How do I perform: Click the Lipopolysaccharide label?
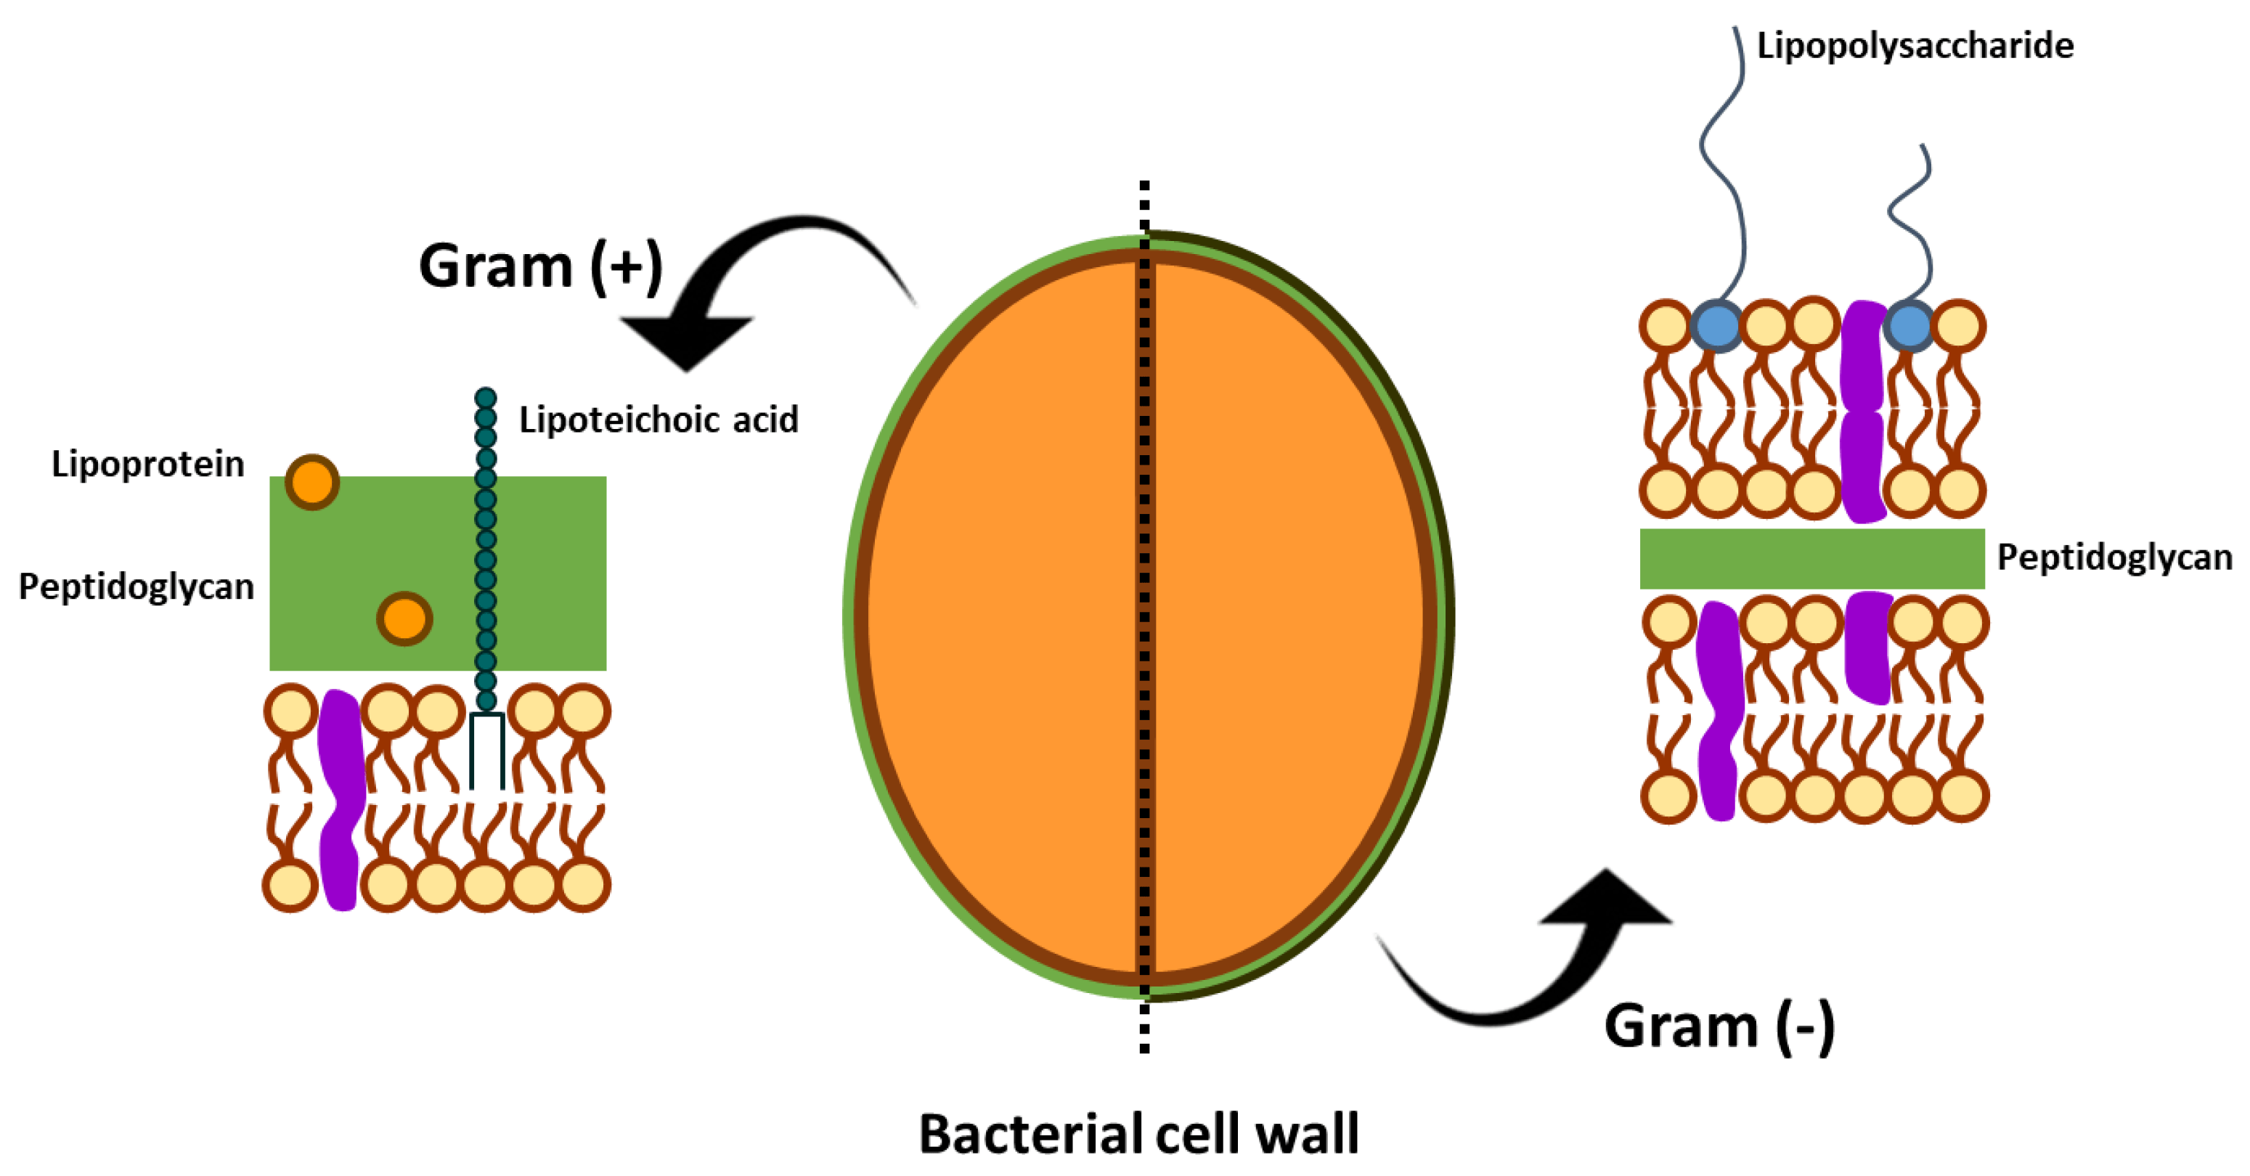[x=1914, y=46]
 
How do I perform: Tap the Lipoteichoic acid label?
[x=658, y=420]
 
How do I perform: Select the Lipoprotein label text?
[x=147, y=464]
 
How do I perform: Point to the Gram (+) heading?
[x=539, y=266]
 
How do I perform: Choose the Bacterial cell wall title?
[x=1138, y=1133]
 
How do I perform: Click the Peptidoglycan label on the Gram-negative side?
[x=2114, y=557]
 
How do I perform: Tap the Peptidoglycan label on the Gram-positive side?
[x=136, y=587]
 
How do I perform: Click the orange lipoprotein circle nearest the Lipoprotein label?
[x=311, y=482]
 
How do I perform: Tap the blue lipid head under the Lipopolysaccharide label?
[x=1716, y=327]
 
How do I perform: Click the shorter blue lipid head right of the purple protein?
[x=1909, y=327]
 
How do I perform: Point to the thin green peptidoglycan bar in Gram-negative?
[x=1811, y=559]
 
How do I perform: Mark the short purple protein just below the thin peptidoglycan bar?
[x=1868, y=646]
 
